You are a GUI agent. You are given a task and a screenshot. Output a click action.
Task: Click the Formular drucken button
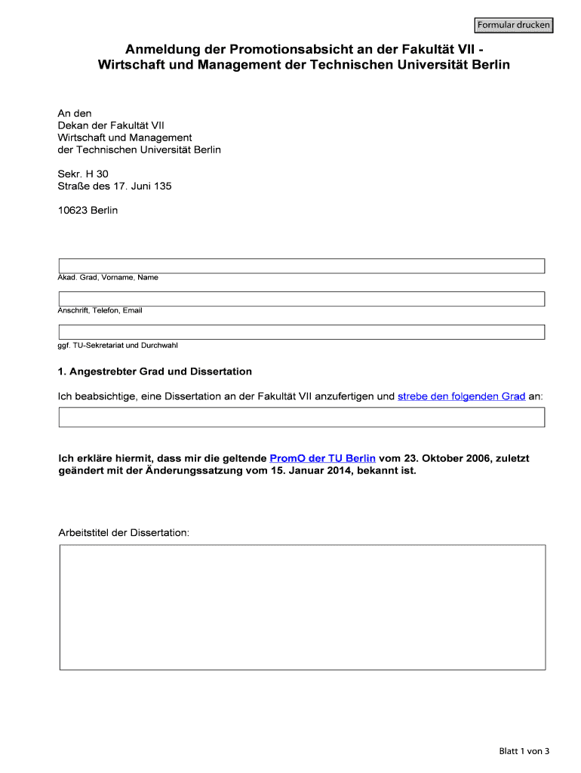tap(513, 26)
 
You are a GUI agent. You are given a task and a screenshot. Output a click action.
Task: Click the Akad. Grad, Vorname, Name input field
tap(302, 266)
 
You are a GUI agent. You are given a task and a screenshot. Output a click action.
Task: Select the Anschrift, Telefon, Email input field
tap(302, 299)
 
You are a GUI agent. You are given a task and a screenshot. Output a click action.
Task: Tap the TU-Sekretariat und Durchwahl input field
tap(302, 332)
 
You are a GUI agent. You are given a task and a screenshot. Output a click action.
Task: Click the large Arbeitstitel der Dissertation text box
tap(302, 607)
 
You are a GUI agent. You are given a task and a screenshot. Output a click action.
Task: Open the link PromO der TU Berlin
tap(322, 458)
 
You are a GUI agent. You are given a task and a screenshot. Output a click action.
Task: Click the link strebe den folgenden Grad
tap(461, 396)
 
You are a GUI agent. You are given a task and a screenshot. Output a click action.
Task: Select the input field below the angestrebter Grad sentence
tap(302, 417)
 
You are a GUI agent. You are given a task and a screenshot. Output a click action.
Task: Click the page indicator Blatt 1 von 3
tap(524, 751)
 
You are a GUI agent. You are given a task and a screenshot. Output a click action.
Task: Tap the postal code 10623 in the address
tap(72, 210)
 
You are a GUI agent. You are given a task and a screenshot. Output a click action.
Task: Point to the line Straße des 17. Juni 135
tap(115, 186)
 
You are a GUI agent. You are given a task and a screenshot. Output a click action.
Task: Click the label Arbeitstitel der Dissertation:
tap(124, 532)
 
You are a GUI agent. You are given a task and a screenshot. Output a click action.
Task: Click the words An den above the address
tap(75, 113)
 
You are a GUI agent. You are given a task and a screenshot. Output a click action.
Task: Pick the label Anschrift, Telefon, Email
tap(100, 310)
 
